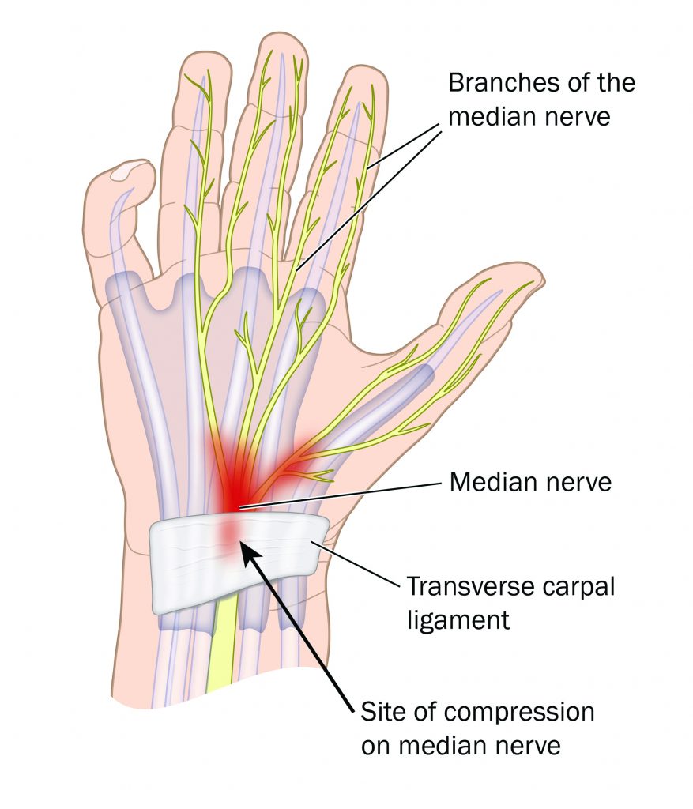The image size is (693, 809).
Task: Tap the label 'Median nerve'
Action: pos(530,483)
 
